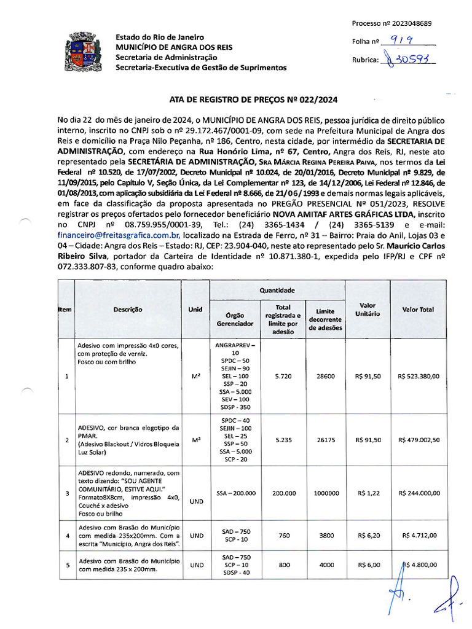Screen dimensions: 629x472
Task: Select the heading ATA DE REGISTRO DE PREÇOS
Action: (253, 100)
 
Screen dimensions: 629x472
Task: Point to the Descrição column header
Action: (128, 310)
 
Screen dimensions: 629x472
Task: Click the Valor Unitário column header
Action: (367, 309)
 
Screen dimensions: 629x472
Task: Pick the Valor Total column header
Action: (418, 310)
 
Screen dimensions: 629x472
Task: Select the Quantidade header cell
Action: (277, 290)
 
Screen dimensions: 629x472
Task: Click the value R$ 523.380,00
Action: (419, 376)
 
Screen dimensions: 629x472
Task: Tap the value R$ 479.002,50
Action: (419, 440)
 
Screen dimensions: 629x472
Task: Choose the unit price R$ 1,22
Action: (368, 493)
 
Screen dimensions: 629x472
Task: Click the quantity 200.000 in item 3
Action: (283, 493)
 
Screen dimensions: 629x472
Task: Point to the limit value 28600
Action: (325, 376)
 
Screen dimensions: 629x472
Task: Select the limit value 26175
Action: (325, 440)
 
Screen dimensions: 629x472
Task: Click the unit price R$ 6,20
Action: (368, 536)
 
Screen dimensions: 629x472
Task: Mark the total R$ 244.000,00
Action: (419, 493)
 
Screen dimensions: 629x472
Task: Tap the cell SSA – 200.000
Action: (235, 493)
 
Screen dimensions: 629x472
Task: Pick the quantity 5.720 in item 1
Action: (283, 376)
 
